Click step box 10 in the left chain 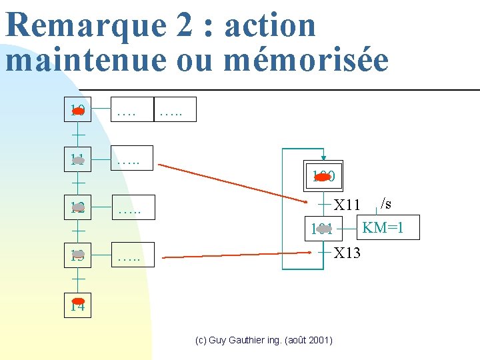click(77, 111)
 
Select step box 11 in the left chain click(77, 159)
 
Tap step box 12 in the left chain click(77, 207)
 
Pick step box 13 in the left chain click(77, 255)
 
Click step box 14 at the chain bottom click(77, 305)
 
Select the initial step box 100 click(323, 177)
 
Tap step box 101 click(323, 229)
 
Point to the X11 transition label click(347, 205)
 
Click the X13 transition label click(347, 253)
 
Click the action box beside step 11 click(130, 159)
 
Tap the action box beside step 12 click(130, 207)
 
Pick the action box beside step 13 click(130, 255)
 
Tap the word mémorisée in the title click(306, 60)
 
